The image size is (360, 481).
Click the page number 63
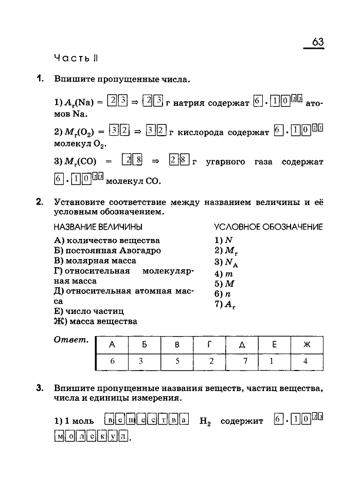click(x=317, y=42)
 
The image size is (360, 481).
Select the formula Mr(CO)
click(x=79, y=162)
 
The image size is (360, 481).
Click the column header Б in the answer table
click(x=144, y=345)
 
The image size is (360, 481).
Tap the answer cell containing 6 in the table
click(x=112, y=361)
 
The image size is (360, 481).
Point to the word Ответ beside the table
click(x=71, y=340)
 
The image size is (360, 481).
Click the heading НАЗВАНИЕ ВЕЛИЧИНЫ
click(x=98, y=227)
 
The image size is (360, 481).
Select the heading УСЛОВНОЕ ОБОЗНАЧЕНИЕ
click(x=268, y=227)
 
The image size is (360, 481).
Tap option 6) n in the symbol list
click(x=222, y=294)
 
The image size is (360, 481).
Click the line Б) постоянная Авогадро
click(x=107, y=251)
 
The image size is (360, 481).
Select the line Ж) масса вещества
click(x=96, y=322)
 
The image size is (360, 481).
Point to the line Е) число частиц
click(x=89, y=311)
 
